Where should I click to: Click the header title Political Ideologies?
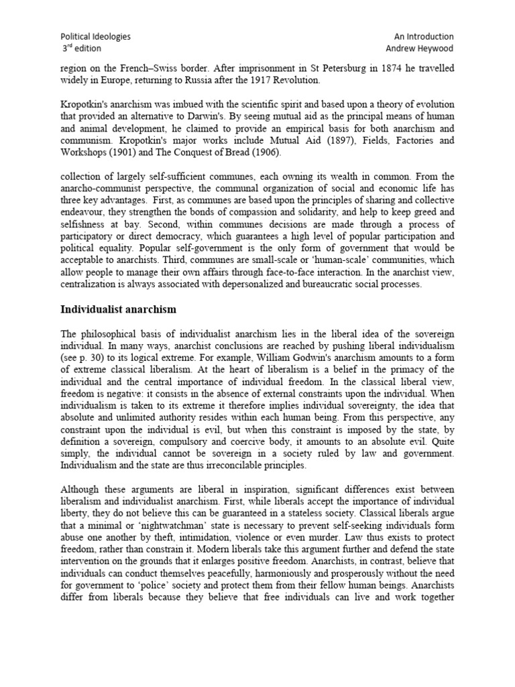[x=95, y=37]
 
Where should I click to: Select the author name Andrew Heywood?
[x=420, y=49]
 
